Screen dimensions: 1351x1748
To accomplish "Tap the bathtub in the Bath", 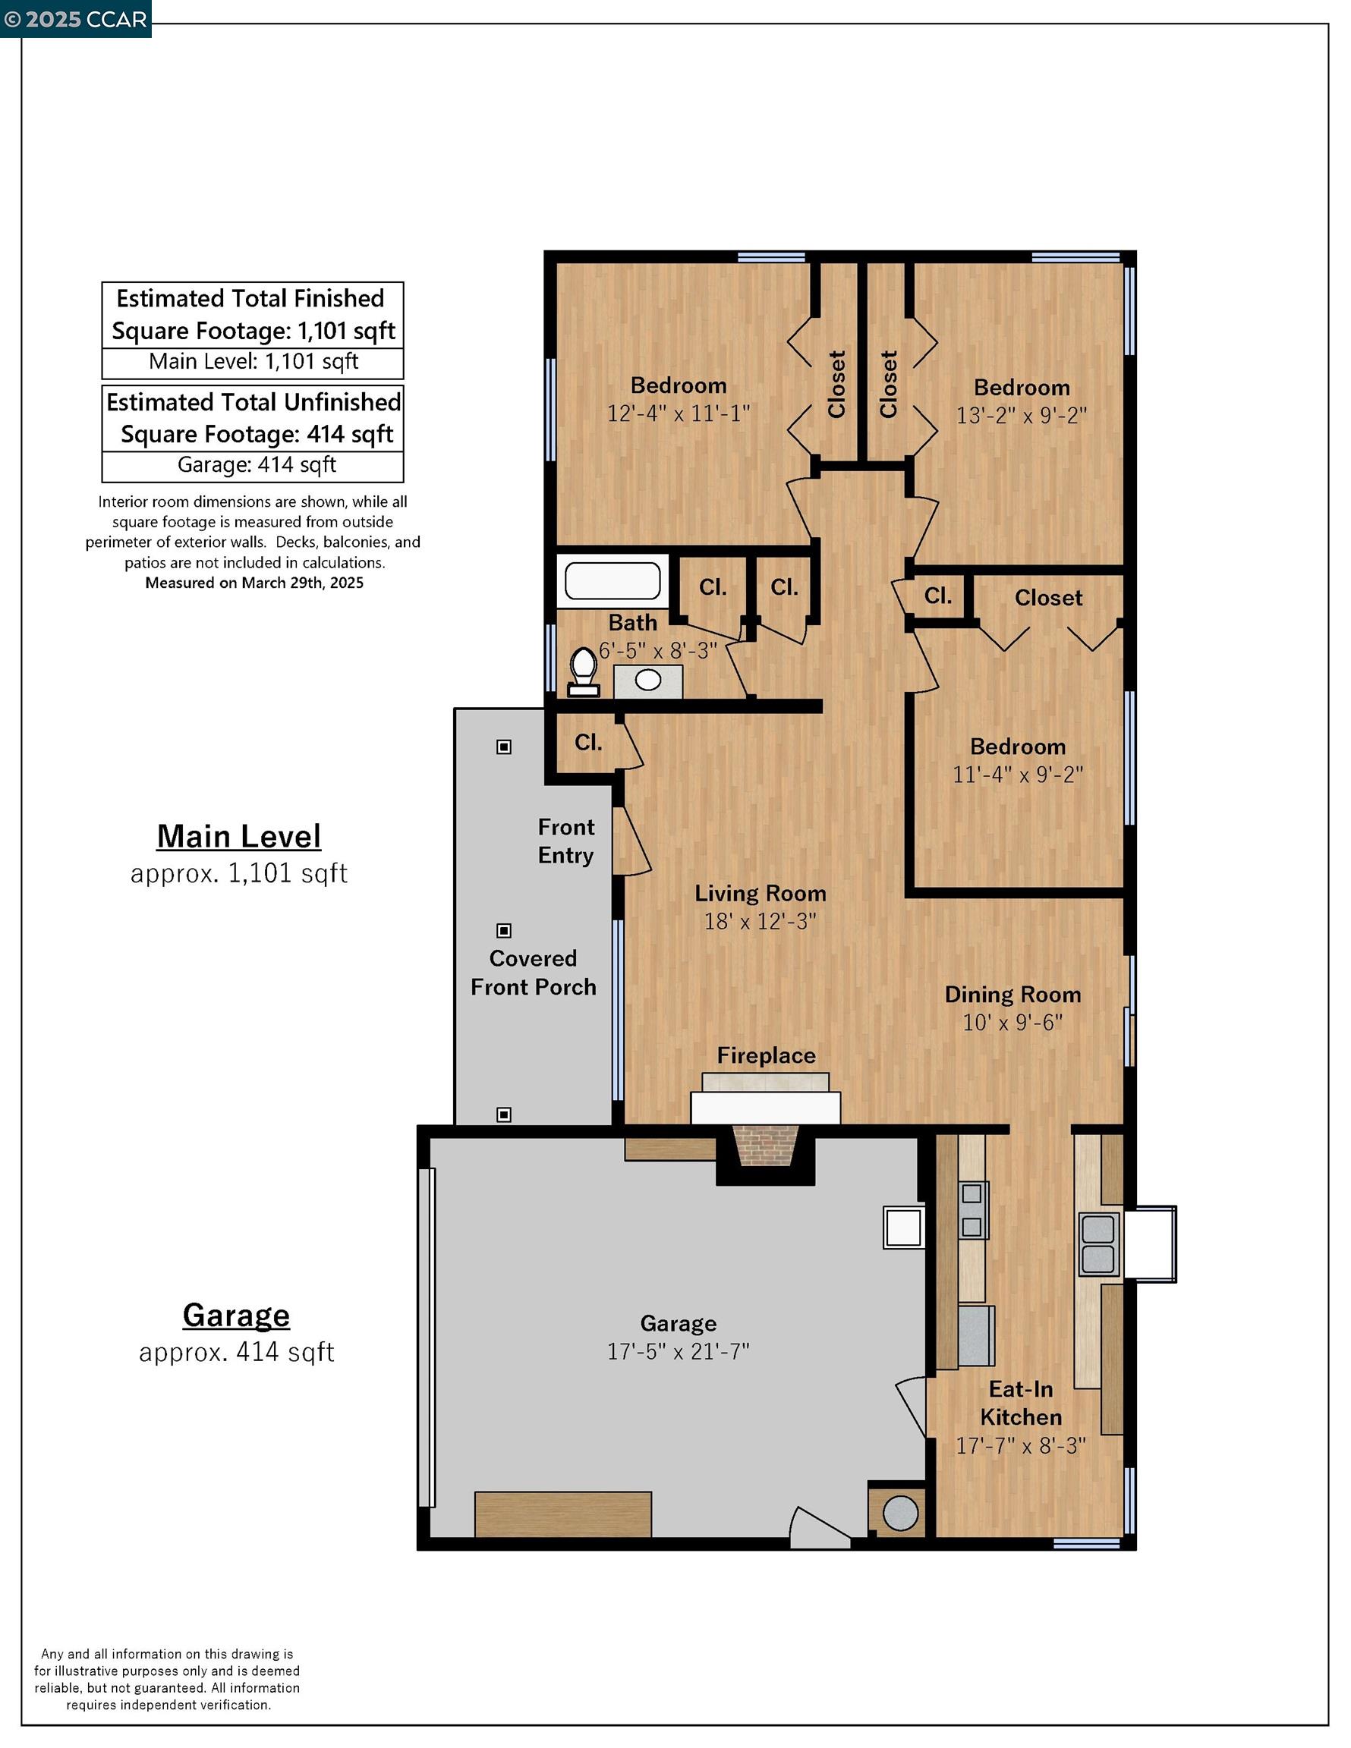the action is [x=613, y=581].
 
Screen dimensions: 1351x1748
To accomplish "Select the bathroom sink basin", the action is [x=648, y=681].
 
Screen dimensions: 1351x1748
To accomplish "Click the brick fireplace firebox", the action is [x=764, y=1147].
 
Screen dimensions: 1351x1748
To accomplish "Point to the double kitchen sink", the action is [x=1099, y=1244].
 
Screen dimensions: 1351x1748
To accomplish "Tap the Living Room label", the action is [x=759, y=893].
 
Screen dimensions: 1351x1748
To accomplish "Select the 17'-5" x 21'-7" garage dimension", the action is [x=678, y=1352].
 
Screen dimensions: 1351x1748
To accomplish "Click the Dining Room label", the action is [x=1012, y=994].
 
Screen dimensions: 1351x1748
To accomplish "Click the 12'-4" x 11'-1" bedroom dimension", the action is [x=679, y=413].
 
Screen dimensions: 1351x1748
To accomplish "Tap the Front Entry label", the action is [x=565, y=841].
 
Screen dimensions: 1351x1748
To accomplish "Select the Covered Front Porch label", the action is [x=534, y=973].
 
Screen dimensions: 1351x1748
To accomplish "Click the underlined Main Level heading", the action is [x=238, y=836].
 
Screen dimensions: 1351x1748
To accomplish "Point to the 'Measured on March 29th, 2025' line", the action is [x=254, y=583].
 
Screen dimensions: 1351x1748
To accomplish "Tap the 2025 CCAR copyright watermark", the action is [x=75, y=19].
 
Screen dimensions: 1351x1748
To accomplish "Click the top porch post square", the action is [x=504, y=747].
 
